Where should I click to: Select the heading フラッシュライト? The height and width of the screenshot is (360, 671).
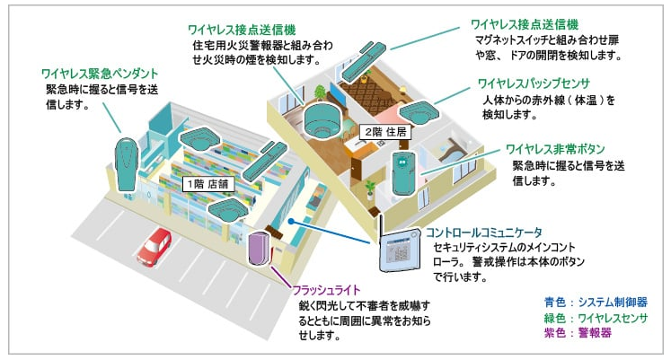pyautogui.click(x=327, y=290)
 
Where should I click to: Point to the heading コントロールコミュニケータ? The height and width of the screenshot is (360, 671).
pyautogui.click(x=490, y=232)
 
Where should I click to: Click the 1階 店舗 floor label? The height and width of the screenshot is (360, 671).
pyautogui.click(x=207, y=182)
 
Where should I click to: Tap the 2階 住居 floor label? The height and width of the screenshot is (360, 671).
pyautogui.click(x=383, y=132)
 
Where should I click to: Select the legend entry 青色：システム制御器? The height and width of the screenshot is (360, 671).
pyautogui.click(x=596, y=302)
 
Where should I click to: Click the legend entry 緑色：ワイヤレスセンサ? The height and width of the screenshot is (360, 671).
pyautogui.click(x=596, y=318)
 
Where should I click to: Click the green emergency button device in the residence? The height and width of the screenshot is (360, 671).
pyautogui.click(x=402, y=171)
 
